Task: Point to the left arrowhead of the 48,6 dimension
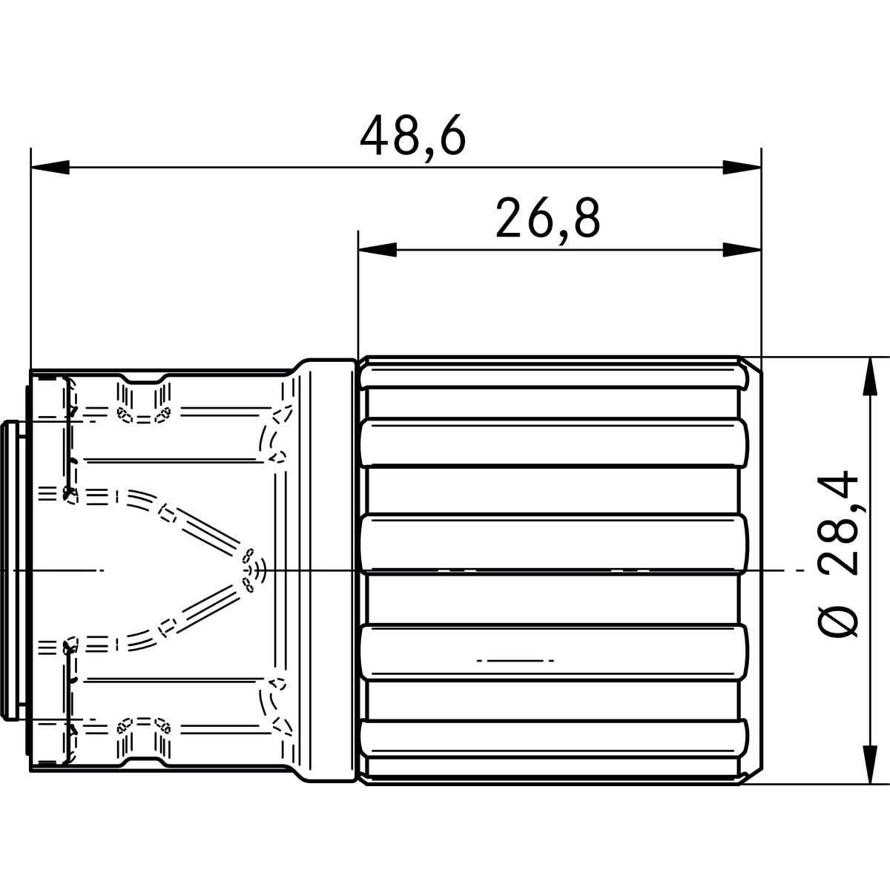(x=50, y=167)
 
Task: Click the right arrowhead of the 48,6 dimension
(x=742, y=167)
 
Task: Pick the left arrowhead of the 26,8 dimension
(x=378, y=250)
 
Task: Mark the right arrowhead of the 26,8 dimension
(x=742, y=250)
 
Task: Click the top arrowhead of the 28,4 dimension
(x=871, y=376)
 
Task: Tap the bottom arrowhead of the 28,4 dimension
(x=871, y=765)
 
